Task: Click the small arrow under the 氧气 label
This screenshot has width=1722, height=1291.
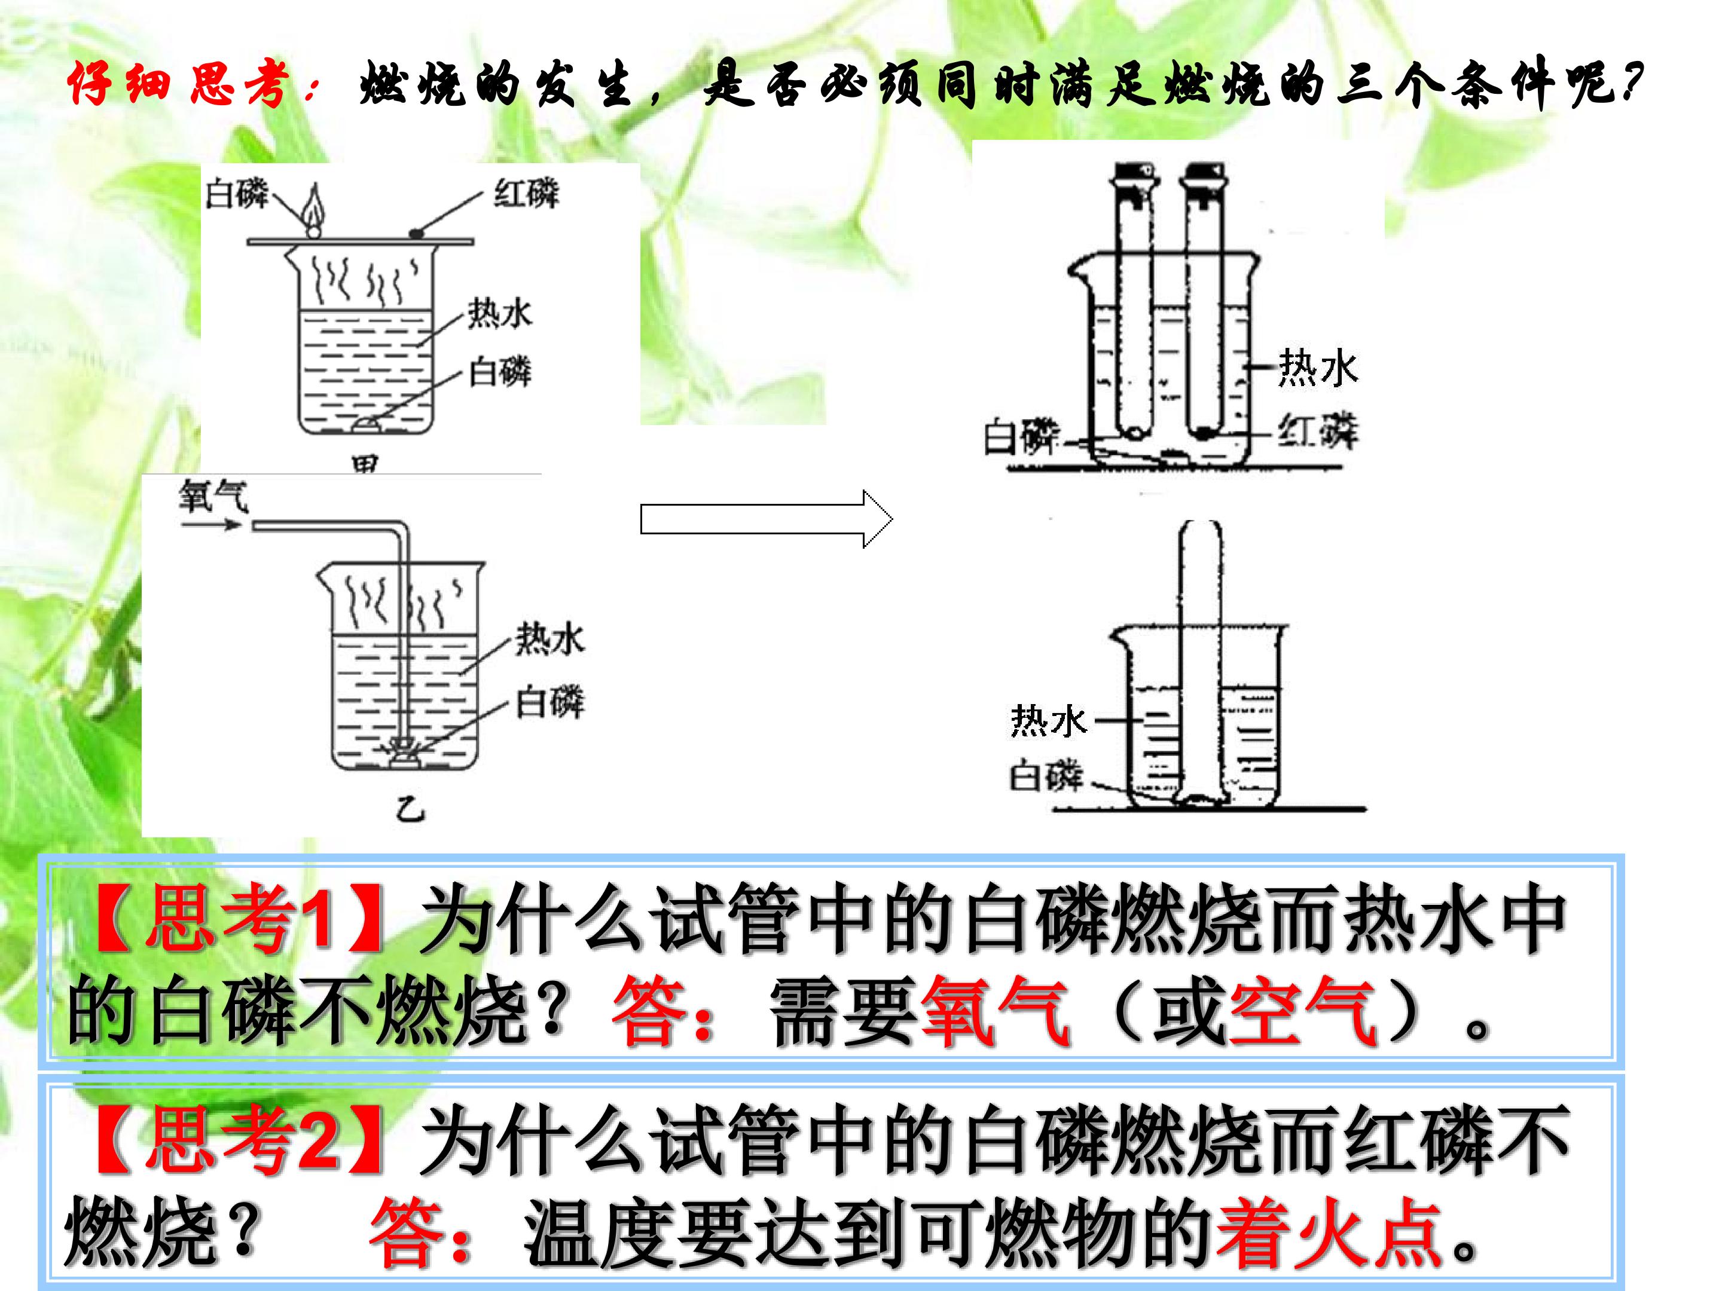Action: tap(211, 525)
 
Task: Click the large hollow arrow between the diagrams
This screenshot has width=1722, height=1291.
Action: tap(767, 519)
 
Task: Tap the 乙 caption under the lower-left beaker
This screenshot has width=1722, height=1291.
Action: tap(410, 811)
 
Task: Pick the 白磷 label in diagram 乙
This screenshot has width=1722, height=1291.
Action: tap(549, 703)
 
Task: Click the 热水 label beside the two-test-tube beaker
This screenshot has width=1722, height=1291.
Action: tap(1318, 368)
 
